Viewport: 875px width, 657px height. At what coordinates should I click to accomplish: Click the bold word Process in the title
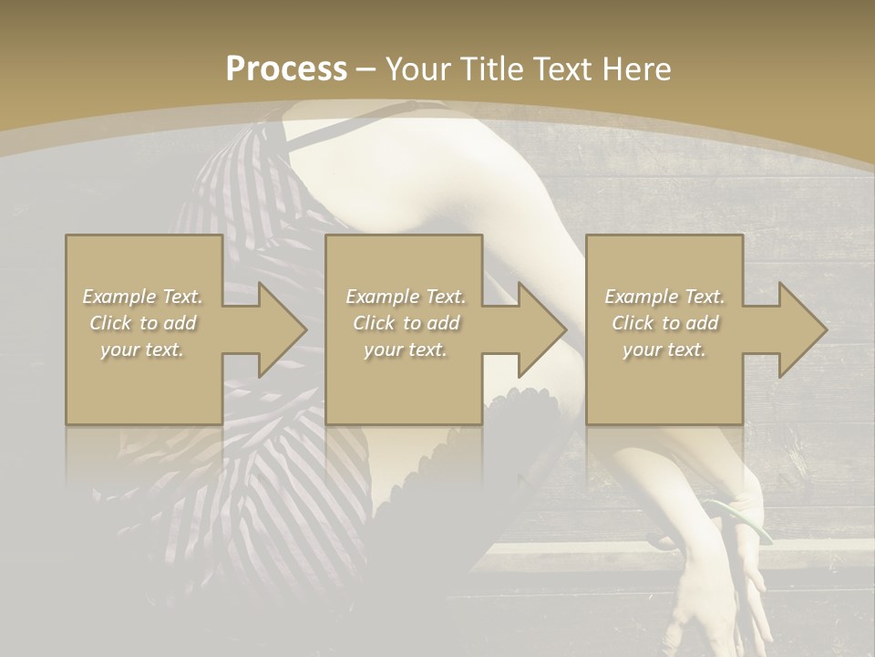[286, 69]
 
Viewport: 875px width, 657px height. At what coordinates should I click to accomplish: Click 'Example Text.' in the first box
[143, 297]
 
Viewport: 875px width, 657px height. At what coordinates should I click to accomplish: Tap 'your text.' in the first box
[143, 349]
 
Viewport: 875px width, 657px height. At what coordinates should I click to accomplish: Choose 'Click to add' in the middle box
[406, 323]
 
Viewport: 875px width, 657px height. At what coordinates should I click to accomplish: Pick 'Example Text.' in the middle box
[406, 297]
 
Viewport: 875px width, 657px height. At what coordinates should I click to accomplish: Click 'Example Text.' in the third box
[664, 297]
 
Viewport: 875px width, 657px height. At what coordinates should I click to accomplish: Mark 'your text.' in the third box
[664, 349]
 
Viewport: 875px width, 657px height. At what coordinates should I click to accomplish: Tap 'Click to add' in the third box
[664, 323]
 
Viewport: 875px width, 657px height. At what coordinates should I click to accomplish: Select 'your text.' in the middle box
[406, 349]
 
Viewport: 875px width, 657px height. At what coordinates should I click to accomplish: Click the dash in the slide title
[366, 69]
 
